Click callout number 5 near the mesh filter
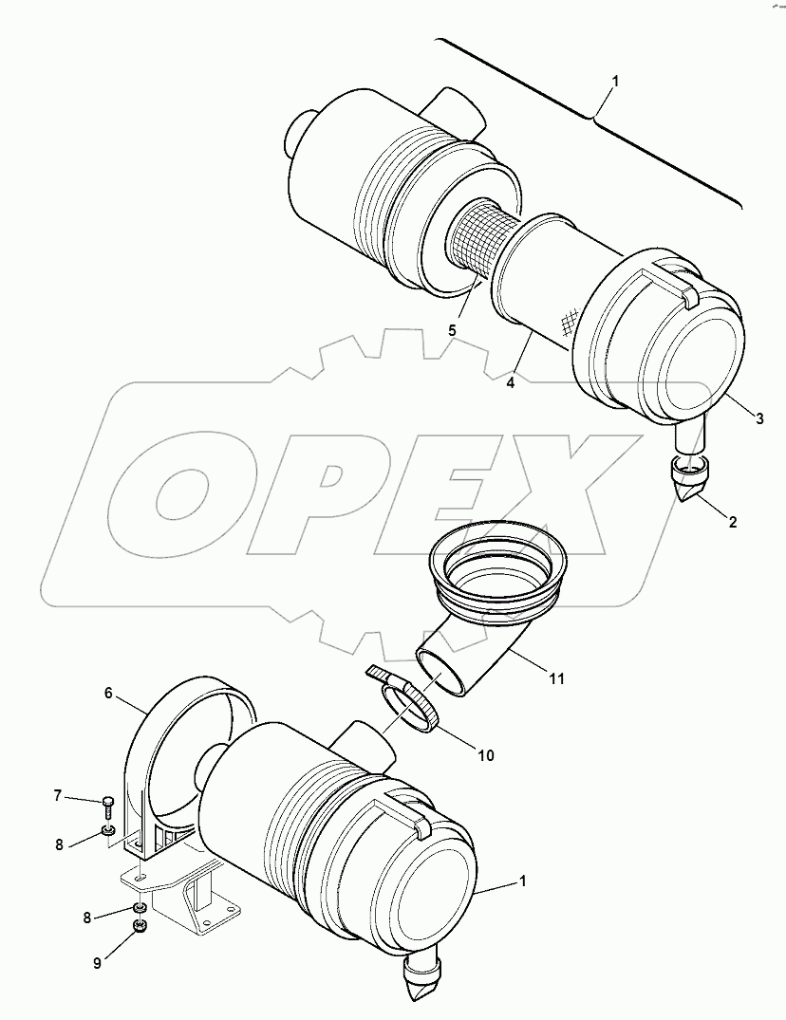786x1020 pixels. [x=452, y=329]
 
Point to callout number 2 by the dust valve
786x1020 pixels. [x=732, y=521]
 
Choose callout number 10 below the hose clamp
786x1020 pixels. [x=486, y=755]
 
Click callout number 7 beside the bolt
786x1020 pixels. [x=58, y=795]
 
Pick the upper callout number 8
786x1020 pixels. [x=59, y=844]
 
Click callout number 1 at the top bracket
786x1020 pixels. [x=615, y=83]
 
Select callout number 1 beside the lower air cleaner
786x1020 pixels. [x=521, y=881]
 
